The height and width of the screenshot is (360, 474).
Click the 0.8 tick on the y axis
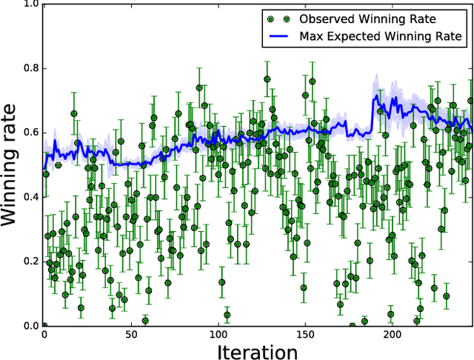[x=30, y=68]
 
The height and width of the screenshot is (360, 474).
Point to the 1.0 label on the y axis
[x=30, y=4]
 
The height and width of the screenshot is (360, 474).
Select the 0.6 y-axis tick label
[x=30, y=133]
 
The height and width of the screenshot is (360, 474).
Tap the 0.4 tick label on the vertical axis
[x=30, y=197]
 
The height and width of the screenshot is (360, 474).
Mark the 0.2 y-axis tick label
[x=30, y=261]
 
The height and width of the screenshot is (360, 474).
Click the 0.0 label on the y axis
[x=30, y=326]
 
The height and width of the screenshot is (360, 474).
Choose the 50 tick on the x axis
[x=131, y=335]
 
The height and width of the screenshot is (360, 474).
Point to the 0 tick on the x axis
[x=44, y=335]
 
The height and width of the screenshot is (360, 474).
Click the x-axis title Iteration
[x=258, y=351]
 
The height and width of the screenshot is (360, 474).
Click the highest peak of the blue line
[x=375, y=95]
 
